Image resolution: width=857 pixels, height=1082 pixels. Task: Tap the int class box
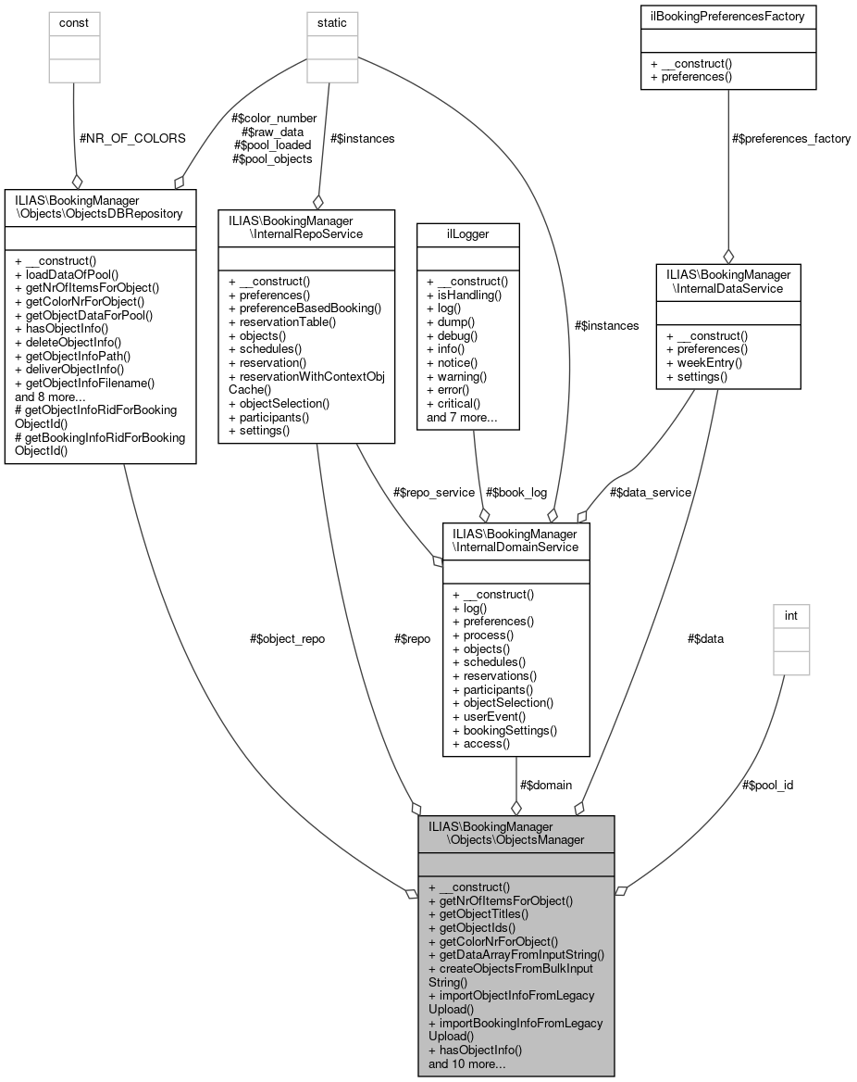pyautogui.click(x=791, y=639)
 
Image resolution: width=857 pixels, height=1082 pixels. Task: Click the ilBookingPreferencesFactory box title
pyautogui.click(x=727, y=16)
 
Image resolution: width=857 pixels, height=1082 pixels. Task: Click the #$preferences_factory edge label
pyautogui.click(x=790, y=138)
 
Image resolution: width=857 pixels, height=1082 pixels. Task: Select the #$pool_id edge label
pyautogui.click(x=767, y=785)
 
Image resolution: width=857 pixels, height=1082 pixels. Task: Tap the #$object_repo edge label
pyautogui.click(x=288, y=639)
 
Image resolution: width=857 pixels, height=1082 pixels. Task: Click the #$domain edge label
pyautogui.click(x=546, y=785)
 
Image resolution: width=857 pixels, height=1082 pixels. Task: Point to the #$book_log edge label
pyautogui.click(x=515, y=492)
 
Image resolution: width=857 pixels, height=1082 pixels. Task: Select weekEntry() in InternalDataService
pyautogui.click(x=698, y=363)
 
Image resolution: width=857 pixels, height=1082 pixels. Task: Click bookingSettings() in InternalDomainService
pyautogui.click(x=504, y=730)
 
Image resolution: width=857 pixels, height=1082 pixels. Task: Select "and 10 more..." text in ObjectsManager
pyautogui.click(x=466, y=1063)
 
